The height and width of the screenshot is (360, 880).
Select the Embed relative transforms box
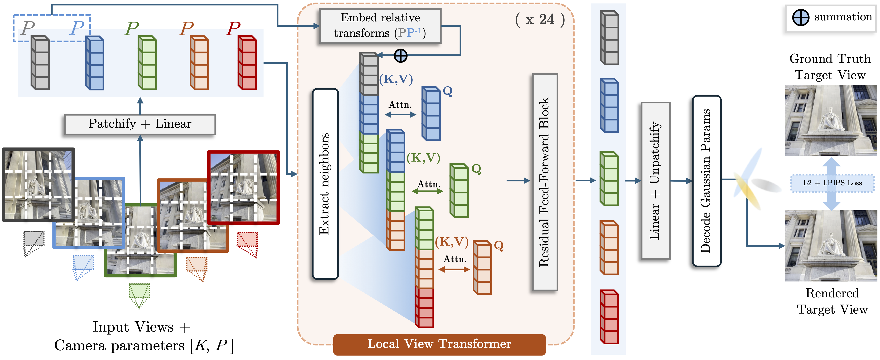(x=380, y=26)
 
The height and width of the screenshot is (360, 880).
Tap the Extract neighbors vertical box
(x=325, y=184)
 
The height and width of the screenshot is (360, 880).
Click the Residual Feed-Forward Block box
(x=545, y=182)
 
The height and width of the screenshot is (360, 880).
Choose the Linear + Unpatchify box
(x=655, y=180)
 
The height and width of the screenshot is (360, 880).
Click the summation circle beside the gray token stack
(x=400, y=55)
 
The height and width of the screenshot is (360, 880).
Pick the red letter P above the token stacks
(x=234, y=28)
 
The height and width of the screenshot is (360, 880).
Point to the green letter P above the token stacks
(x=132, y=28)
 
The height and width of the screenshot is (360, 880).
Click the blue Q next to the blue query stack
(x=447, y=91)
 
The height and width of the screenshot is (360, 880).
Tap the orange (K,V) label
(x=452, y=242)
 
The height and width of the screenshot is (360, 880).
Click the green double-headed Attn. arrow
(x=427, y=192)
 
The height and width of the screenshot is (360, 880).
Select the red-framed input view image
(x=244, y=187)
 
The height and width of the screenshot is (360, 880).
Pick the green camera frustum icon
(x=139, y=295)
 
